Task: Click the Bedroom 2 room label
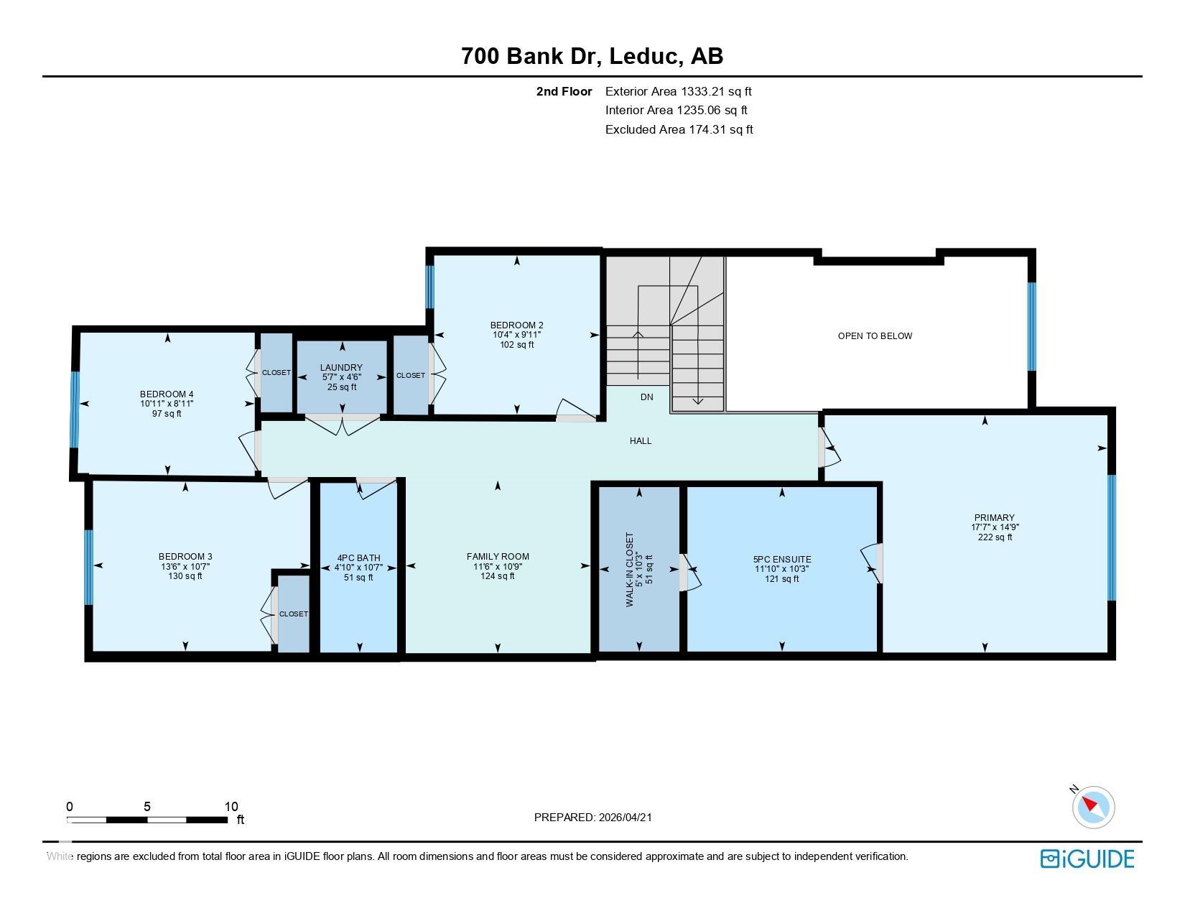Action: click(x=516, y=325)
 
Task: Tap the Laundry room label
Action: click(x=341, y=368)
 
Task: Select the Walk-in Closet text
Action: click(x=630, y=569)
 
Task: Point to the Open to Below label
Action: click(x=875, y=336)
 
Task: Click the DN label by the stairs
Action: click(x=646, y=397)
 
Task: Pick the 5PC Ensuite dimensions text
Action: click(x=781, y=569)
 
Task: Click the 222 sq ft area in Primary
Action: click(x=995, y=537)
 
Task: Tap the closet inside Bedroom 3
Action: click(x=293, y=614)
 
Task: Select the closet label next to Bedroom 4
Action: click(x=276, y=372)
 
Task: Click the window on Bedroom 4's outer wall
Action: click(x=74, y=410)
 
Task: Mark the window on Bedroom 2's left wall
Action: click(x=430, y=287)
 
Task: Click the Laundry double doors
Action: click(x=342, y=425)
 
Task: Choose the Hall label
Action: click(x=641, y=441)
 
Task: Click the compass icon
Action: click(x=1093, y=806)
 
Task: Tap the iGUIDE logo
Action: click(x=1087, y=859)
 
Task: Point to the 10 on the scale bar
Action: click(x=231, y=807)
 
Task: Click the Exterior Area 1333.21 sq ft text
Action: click(x=678, y=91)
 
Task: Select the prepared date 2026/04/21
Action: click(x=625, y=817)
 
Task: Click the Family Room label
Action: click(x=498, y=556)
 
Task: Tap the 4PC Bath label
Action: click(x=358, y=558)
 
